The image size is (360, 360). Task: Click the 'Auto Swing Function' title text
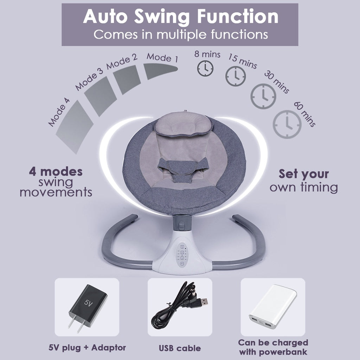pyautogui.click(x=181, y=17)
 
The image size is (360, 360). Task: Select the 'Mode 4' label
pyautogui.click(x=59, y=112)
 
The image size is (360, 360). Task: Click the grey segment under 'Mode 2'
pyautogui.click(x=127, y=79)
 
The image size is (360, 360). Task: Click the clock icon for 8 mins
pyautogui.click(x=205, y=68)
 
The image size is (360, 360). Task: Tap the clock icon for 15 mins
pyautogui.click(x=236, y=76)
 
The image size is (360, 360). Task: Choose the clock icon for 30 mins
pyautogui.click(x=263, y=96)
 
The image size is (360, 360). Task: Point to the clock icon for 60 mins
pyautogui.click(x=287, y=124)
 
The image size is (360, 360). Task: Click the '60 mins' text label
pyautogui.click(x=305, y=114)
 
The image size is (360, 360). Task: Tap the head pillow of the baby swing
pyautogui.click(x=183, y=124)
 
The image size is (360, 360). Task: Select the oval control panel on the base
pyautogui.click(x=182, y=255)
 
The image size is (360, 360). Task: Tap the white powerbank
pyautogui.click(x=273, y=307)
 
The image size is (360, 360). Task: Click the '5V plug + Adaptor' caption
pyautogui.click(x=87, y=347)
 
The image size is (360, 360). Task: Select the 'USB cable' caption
pyautogui.click(x=180, y=348)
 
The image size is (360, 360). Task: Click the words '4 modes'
pyautogui.click(x=56, y=172)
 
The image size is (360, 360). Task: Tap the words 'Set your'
pyautogui.click(x=304, y=174)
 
